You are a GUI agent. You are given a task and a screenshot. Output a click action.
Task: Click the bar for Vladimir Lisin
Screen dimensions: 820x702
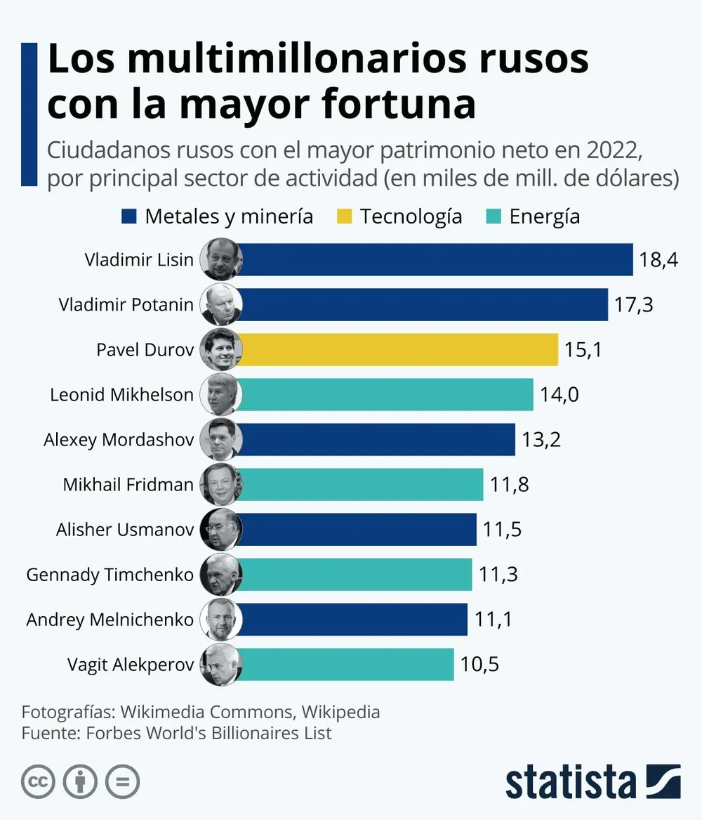(435, 259)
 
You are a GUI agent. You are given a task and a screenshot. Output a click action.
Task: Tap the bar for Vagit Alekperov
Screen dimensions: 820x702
(347, 664)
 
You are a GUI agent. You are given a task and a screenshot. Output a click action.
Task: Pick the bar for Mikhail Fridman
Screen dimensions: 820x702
(362, 484)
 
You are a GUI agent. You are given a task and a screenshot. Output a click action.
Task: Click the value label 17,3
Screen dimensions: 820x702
(633, 304)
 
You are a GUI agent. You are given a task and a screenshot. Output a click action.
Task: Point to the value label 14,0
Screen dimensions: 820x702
(559, 394)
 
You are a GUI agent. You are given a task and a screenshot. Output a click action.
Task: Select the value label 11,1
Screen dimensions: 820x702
(493, 619)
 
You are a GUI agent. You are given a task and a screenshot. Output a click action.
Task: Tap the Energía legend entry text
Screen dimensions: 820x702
(545, 216)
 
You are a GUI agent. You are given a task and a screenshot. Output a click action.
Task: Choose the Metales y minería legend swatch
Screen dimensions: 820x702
(129, 216)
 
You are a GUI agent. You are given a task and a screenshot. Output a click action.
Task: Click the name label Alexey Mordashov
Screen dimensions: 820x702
(118, 439)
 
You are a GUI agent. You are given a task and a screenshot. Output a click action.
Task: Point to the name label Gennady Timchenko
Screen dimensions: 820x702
(110, 574)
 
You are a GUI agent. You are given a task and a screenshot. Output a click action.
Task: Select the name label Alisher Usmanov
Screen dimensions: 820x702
(124, 529)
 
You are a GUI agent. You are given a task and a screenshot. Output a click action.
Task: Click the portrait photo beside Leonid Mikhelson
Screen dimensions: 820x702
(220, 394)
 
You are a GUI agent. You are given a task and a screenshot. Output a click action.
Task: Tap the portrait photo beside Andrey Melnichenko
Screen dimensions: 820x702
(220, 619)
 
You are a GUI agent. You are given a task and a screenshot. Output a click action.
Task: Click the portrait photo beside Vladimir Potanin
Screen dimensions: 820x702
(220, 304)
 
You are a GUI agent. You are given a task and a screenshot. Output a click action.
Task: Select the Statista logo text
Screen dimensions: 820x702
(570, 782)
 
